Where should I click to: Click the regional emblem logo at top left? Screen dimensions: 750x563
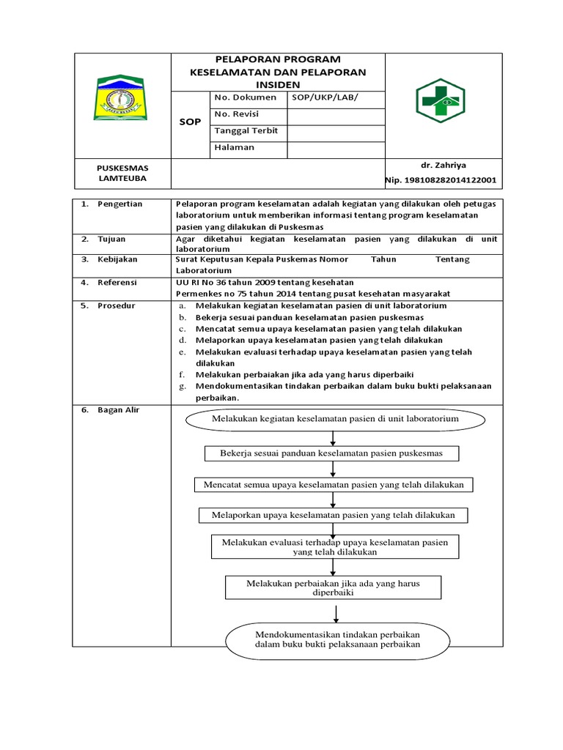122,100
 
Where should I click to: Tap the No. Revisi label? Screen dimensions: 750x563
236,114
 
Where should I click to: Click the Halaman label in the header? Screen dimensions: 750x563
235,147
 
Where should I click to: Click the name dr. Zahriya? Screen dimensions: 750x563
440,166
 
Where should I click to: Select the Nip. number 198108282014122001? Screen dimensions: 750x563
441,180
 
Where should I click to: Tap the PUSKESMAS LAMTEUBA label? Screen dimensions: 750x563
122,173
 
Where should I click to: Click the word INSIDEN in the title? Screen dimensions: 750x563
278,85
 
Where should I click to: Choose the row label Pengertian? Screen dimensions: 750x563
119,204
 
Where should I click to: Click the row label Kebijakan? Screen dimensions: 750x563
117,259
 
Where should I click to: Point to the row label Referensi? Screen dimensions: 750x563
117,282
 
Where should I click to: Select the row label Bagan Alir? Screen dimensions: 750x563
118,410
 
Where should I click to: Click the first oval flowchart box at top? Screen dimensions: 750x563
335,419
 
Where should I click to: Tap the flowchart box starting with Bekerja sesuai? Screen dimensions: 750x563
331,454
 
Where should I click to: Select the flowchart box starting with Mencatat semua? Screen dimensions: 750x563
334,485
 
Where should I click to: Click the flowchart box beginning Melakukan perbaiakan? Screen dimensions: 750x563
332,587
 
